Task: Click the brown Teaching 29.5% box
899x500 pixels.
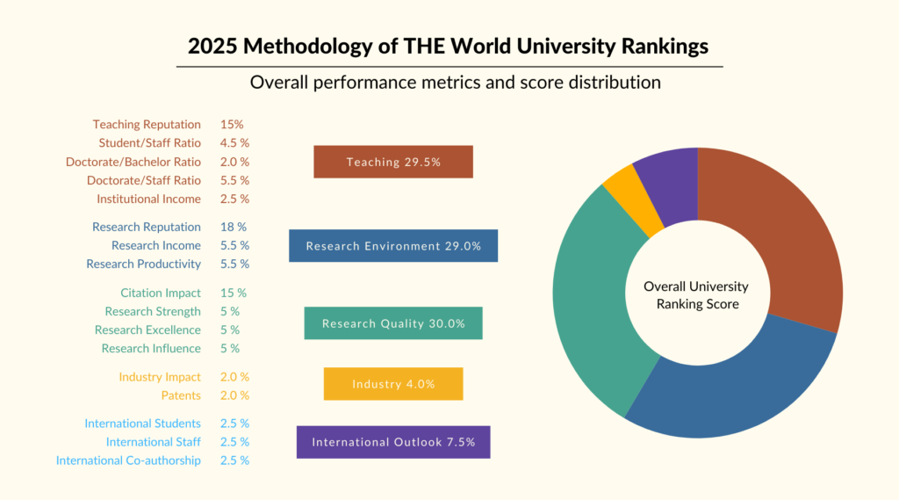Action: (393, 162)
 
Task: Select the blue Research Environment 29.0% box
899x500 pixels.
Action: (393, 246)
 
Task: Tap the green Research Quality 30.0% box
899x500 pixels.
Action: (393, 323)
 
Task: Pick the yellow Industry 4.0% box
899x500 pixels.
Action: (393, 384)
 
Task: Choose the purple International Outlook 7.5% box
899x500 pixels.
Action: (393, 442)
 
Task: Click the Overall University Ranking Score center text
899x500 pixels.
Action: (697, 295)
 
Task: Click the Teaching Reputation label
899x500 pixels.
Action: (147, 125)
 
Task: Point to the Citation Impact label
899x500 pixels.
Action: (161, 293)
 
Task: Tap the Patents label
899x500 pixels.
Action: (181, 395)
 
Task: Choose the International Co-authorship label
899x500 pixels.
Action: (128, 460)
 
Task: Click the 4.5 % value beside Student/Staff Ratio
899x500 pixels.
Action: (234, 143)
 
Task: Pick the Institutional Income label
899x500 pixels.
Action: (148, 199)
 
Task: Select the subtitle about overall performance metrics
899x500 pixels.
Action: (455, 83)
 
